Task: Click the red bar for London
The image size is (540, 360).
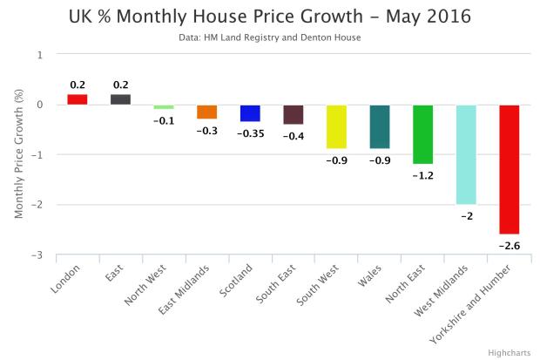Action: coord(78,99)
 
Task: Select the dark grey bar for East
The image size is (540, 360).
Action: coord(120,99)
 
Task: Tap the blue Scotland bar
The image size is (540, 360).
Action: coord(250,113)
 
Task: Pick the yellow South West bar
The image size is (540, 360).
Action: coord(336,126)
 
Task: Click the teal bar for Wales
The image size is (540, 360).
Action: coord(380,126)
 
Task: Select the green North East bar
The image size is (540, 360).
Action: coord(423,134)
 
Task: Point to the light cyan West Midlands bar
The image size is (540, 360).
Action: coord(466,154)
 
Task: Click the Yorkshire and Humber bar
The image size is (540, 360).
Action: coord(510,169)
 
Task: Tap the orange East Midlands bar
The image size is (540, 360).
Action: coord(206,112)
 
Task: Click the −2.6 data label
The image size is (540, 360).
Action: coord(510,246)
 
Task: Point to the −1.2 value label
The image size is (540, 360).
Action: coord(423,175)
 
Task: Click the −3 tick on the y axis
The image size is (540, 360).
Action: coord(37,255)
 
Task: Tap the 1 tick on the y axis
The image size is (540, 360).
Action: coord(39,54)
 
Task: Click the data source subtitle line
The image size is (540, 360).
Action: coord(270,37)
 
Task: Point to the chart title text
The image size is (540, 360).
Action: coord(270,16)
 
